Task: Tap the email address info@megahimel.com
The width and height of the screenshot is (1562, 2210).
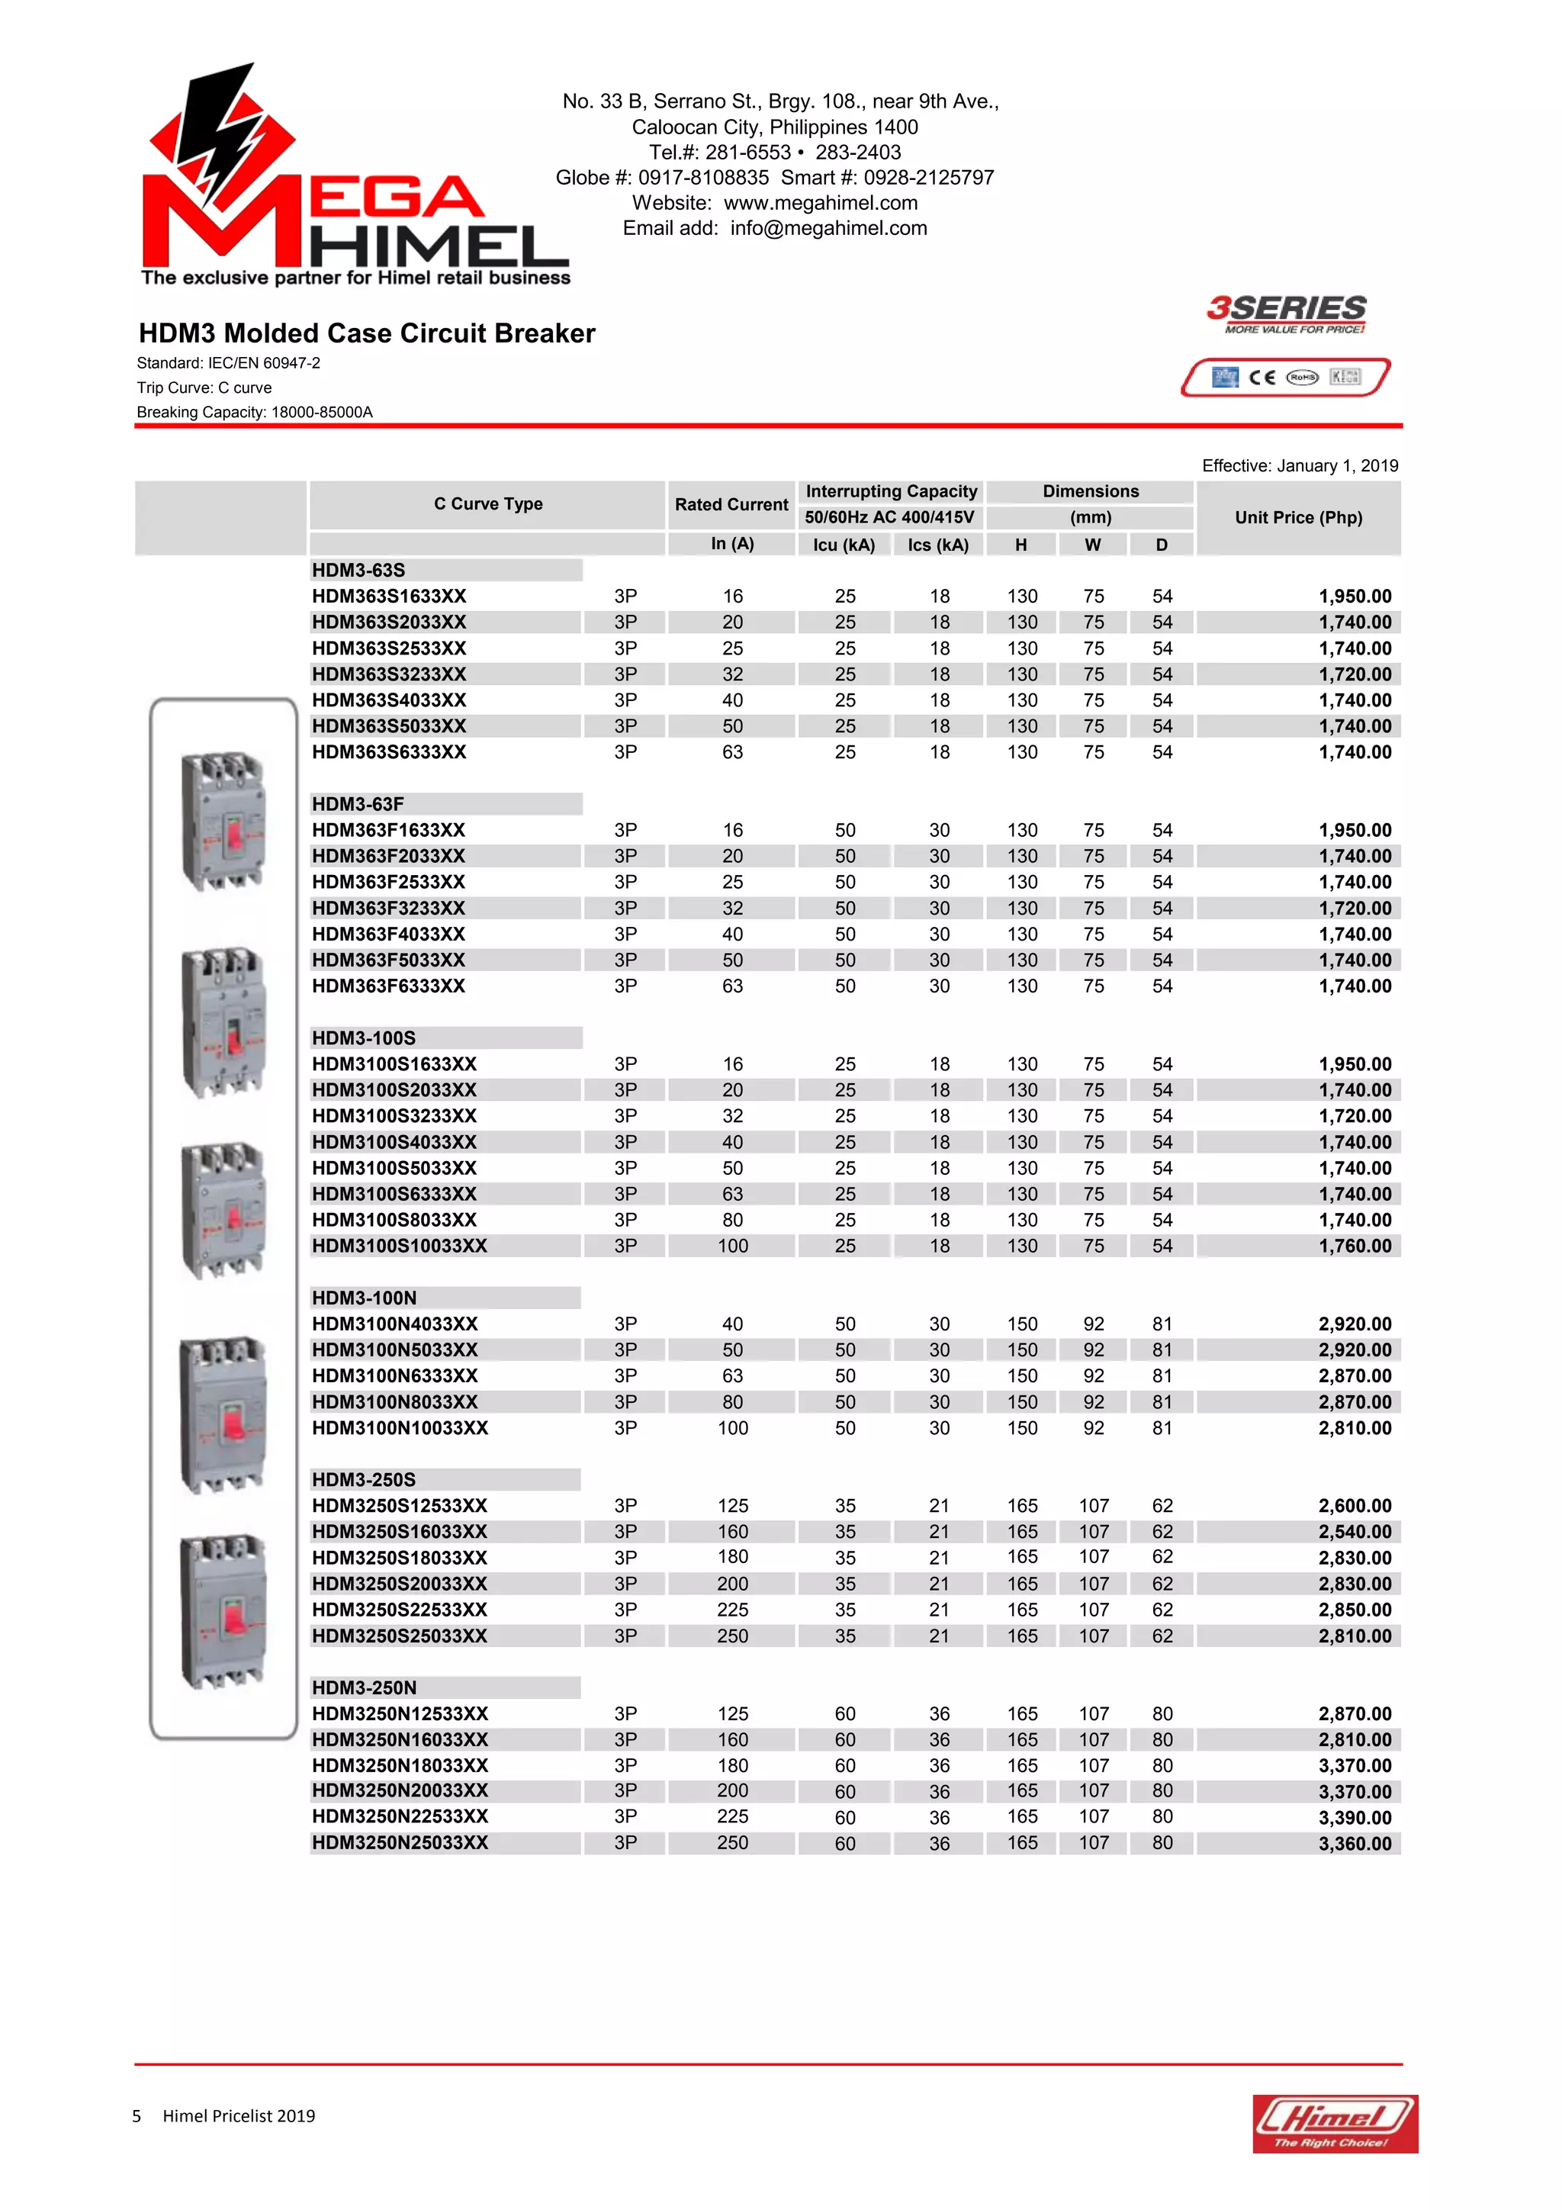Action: pos(828,228)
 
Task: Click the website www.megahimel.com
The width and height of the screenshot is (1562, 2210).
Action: pos(820,203)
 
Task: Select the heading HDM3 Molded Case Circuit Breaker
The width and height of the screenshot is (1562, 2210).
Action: pos(367,333)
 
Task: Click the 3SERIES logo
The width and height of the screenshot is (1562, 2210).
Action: pos(1286,313)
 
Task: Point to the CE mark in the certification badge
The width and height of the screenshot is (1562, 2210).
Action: pos(1261,378)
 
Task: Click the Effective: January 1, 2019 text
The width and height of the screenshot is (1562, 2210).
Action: pos(1300,466)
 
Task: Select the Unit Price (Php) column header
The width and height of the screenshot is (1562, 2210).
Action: pos(1297,517)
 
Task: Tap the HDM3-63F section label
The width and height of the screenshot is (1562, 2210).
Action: pos(358,804)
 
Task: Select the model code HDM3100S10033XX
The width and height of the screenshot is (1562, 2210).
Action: pos(400,1246)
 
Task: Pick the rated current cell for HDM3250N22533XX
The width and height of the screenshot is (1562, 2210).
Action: pos(732,1816)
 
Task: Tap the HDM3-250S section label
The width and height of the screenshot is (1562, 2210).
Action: pos(364,1479)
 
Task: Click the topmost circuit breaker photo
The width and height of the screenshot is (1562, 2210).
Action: pos(223,820)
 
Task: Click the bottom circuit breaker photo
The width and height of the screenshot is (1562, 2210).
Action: pos(223,1610)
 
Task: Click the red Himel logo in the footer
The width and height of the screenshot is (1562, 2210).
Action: pos(1334,2122)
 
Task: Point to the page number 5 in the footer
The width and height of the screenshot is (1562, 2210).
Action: pos(137,2115)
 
